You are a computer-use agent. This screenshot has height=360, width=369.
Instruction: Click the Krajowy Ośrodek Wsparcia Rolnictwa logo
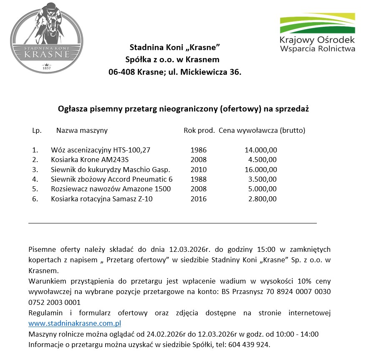pyautogui.click(x=317, y=33)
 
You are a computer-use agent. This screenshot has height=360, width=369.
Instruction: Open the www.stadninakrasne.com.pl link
pyautogui.click(x=75, y=323)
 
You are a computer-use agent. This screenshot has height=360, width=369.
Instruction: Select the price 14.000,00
pyautogui.click(x=261, y=150)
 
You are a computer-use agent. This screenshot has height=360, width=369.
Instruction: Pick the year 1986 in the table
pyautogui.click(x=198, y=150)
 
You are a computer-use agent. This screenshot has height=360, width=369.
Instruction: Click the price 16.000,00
pyautogui.click(x=261, y=170)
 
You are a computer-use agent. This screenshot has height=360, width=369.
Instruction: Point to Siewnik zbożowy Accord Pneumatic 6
pyautogui.click(x=112, y=179)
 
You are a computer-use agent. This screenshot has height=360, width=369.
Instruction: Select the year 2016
pyautogui.click(x=198, y=199)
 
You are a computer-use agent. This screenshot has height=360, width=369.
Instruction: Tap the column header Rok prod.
pyautogui.click(x=199, y=130)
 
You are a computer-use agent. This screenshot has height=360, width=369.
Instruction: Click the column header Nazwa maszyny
pyautogui.click(x=82, y=130)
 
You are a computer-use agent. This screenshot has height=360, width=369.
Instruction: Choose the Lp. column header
pyautogui.click(x=37, y=130)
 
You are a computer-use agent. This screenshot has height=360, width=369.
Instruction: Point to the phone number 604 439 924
pyautogui.click(x=252, y=345)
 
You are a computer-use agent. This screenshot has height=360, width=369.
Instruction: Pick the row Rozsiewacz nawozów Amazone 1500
pyautogui.click(x=111, y=189)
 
